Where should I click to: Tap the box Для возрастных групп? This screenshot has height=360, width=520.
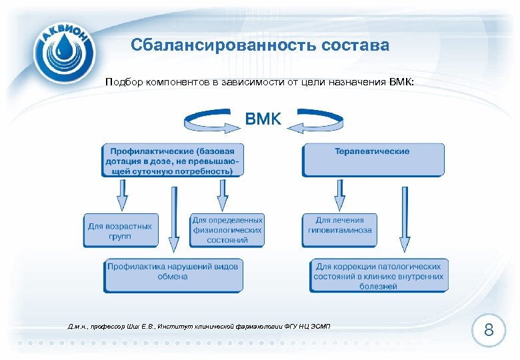click(x=120, y=231)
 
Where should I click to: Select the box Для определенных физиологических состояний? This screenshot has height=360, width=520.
click(x=227, y=229)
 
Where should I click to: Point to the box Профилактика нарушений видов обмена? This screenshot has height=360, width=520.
click(x=173, y=275)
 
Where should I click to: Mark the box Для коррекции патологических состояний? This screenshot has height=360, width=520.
click(x=379, y=275)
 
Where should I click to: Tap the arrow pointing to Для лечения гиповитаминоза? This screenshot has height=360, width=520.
click(x=339, y=194)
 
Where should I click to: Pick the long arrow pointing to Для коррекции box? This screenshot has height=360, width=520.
click(x=404, y=217)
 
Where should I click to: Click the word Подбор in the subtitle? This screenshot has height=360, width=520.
click(x=123, y=82)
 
